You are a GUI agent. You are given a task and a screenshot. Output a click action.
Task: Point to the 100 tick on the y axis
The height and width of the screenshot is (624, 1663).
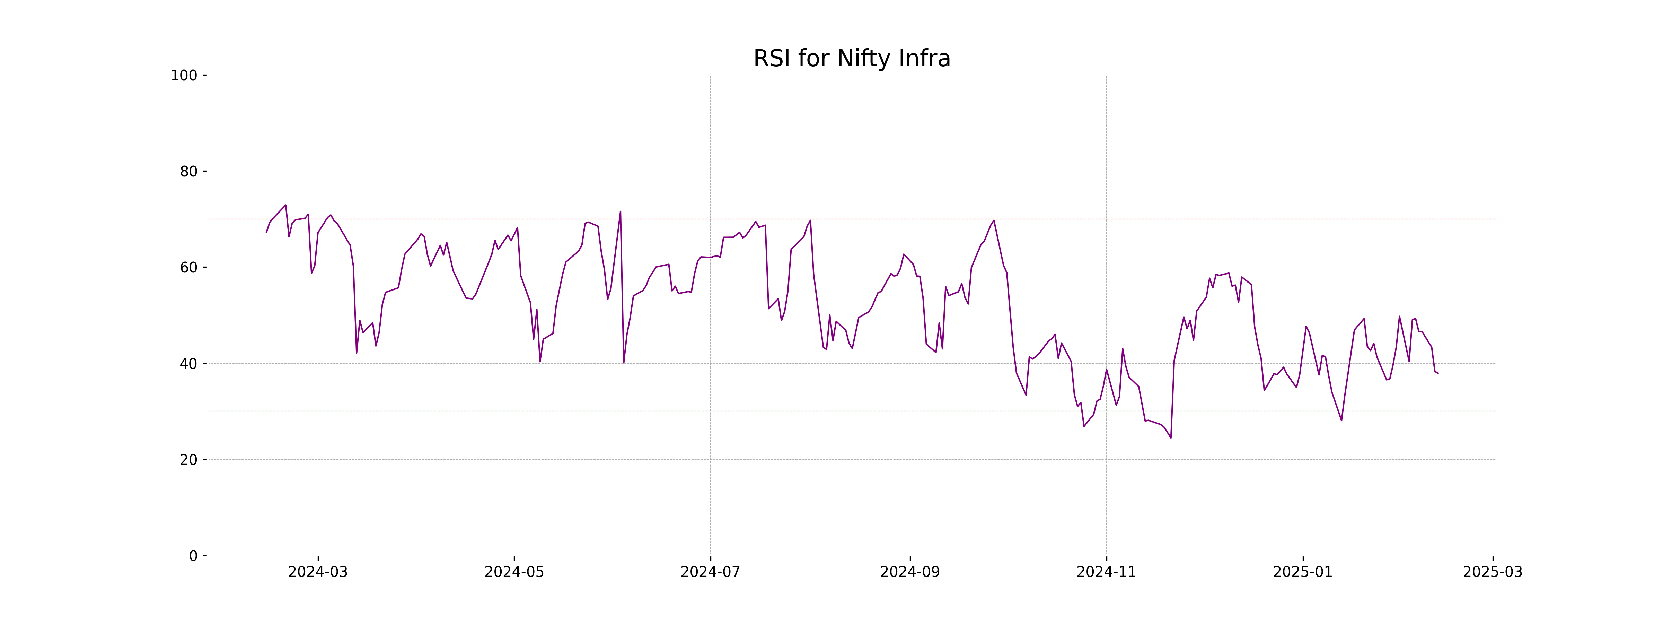[x=184, y=76]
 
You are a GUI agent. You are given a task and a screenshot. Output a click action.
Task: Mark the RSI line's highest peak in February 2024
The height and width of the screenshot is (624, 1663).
[x=285, y=206]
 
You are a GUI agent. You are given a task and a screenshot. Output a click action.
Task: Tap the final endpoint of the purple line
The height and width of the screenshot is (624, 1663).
[x=1438, y=373]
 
